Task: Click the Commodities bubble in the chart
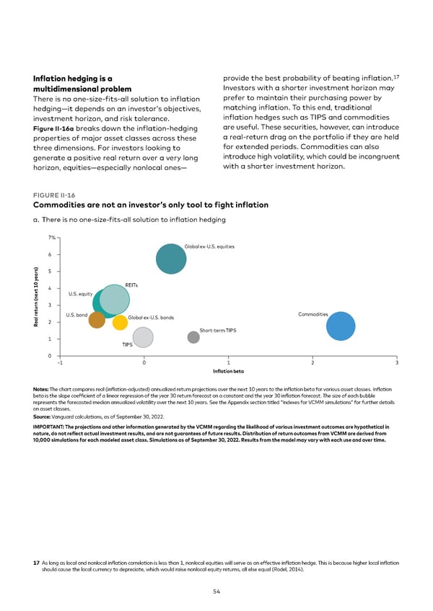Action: [341, 326]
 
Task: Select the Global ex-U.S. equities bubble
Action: [171, 259]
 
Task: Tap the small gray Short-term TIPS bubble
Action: [193, 337]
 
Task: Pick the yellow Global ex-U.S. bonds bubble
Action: [120, 323]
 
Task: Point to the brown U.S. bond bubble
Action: [97, 320]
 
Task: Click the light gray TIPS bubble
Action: [143, 336]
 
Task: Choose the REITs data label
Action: [131, 284]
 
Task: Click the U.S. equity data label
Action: [80, 294]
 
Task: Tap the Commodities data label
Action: [313, 314]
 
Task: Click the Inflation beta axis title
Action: [228, 371]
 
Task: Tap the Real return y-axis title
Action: [35, 297]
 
